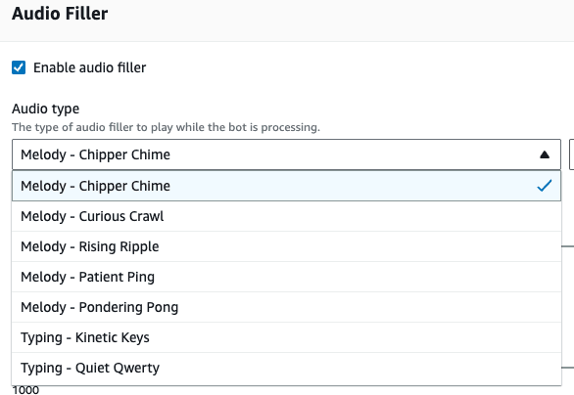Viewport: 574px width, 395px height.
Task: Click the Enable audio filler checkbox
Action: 19,67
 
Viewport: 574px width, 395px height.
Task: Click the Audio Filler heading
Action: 60,14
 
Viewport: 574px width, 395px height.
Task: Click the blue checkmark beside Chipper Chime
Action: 545,186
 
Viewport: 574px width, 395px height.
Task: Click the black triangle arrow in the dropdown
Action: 545,154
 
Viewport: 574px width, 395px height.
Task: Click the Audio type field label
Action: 45,109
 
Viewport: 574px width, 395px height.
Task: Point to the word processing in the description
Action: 290,127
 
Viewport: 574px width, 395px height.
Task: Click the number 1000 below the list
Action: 25,390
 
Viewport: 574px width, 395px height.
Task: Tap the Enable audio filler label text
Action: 90,67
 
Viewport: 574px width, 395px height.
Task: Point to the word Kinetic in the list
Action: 96,337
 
